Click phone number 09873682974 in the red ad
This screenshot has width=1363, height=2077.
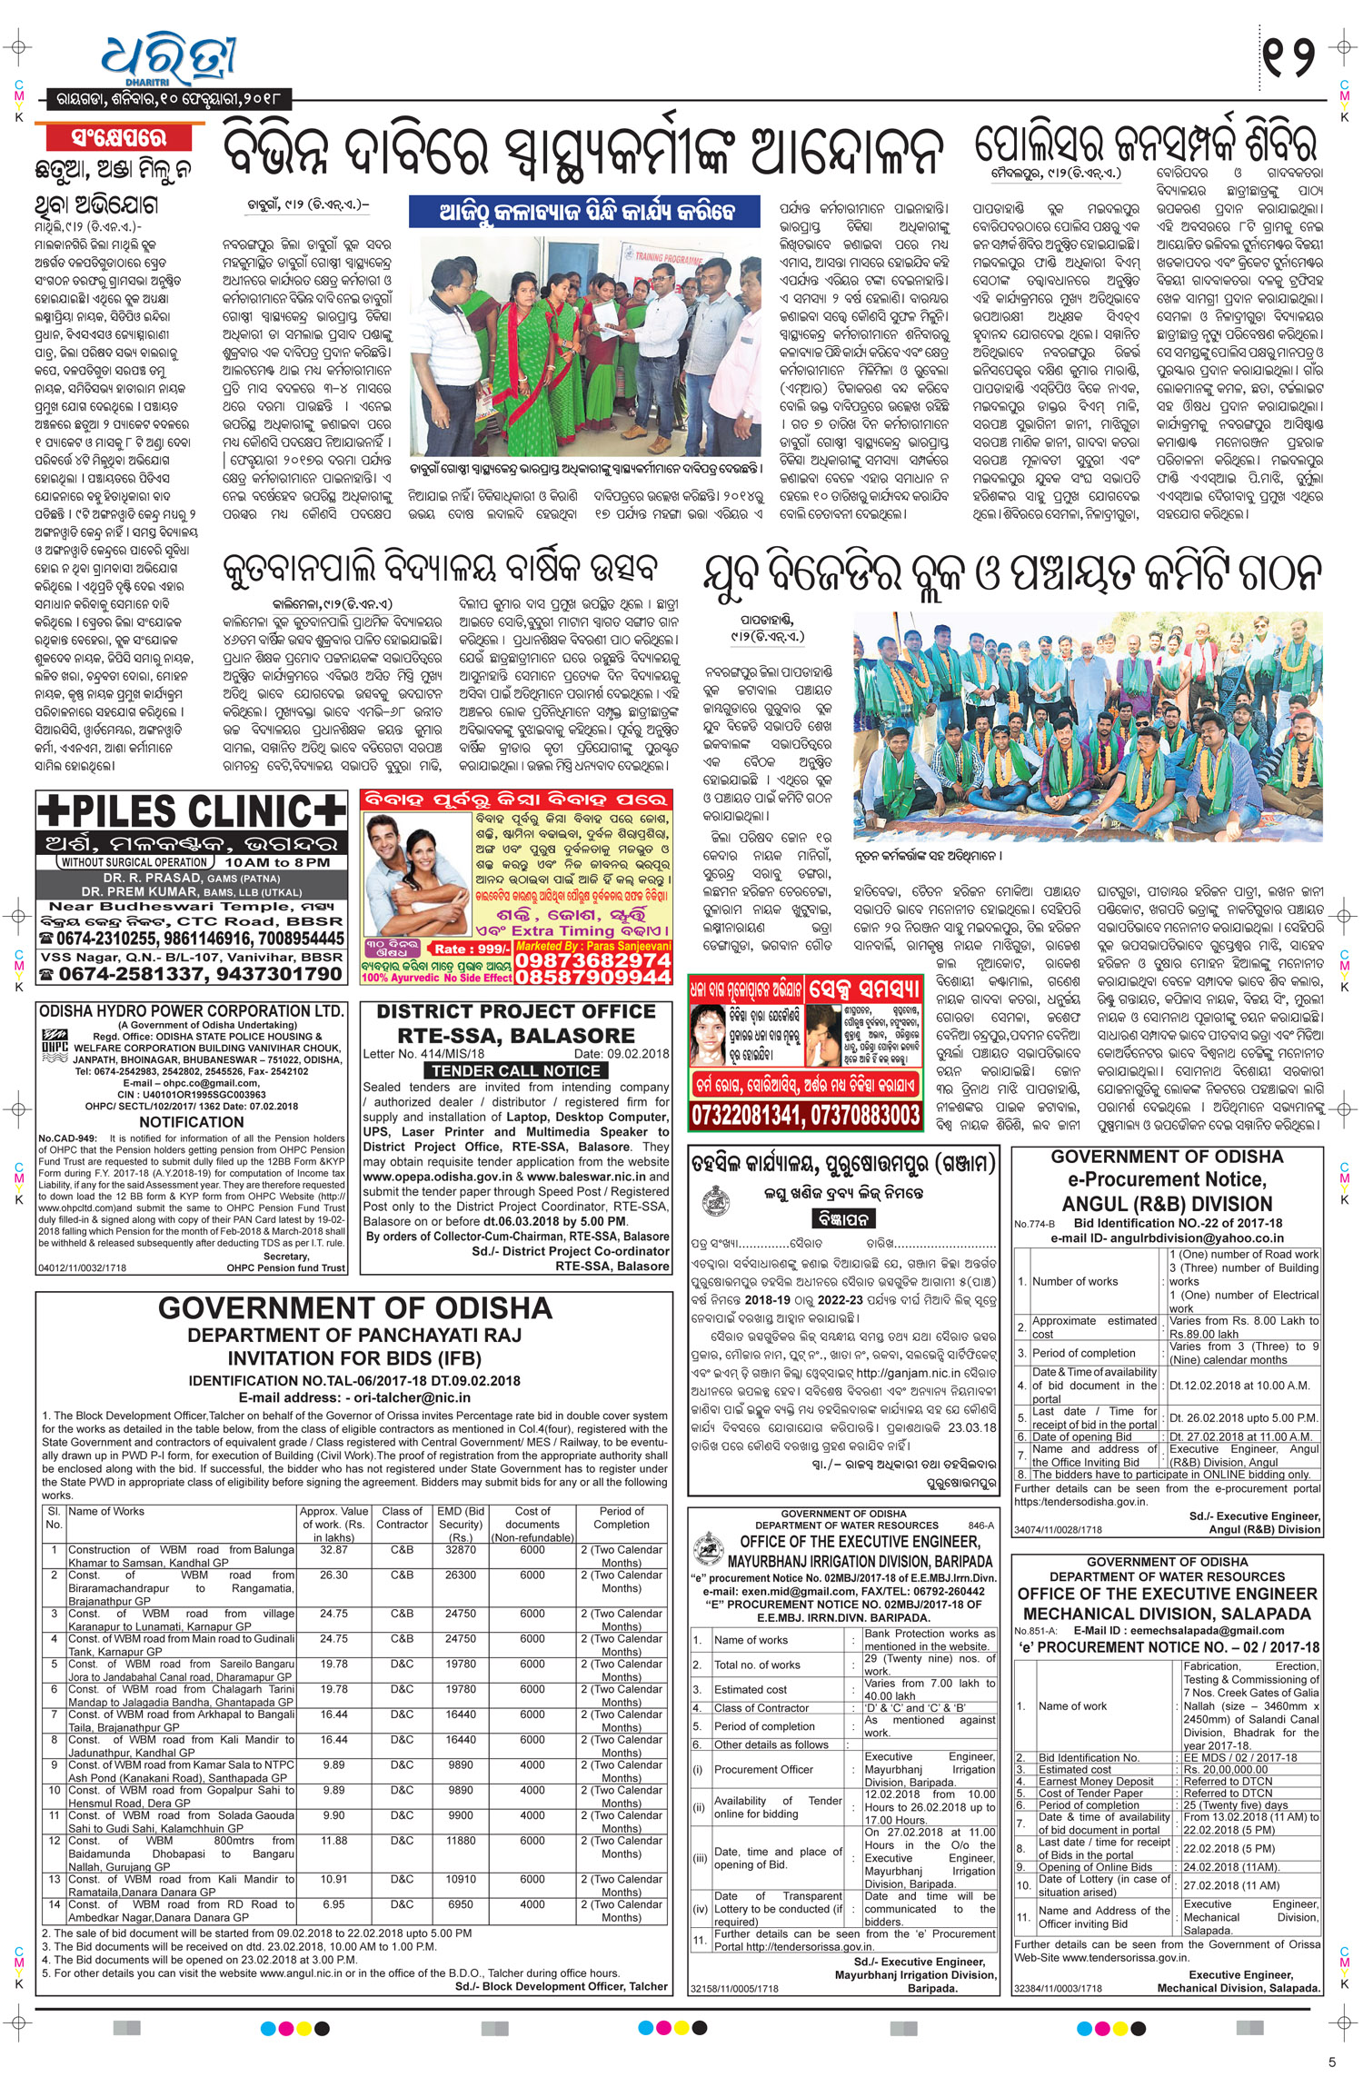592,960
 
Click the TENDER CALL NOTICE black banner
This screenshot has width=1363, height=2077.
515,1070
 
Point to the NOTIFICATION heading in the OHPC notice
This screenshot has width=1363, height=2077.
191,1122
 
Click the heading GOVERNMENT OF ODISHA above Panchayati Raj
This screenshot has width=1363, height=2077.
354,1308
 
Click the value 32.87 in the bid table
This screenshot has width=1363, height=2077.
333,1550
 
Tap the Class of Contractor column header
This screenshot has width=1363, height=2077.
402,1517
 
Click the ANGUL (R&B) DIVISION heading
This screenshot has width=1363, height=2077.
1167,1204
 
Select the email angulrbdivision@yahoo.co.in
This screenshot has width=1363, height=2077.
1209,1237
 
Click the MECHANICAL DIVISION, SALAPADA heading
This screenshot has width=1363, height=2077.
1167,1614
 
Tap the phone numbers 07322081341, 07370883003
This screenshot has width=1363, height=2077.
805,1113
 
